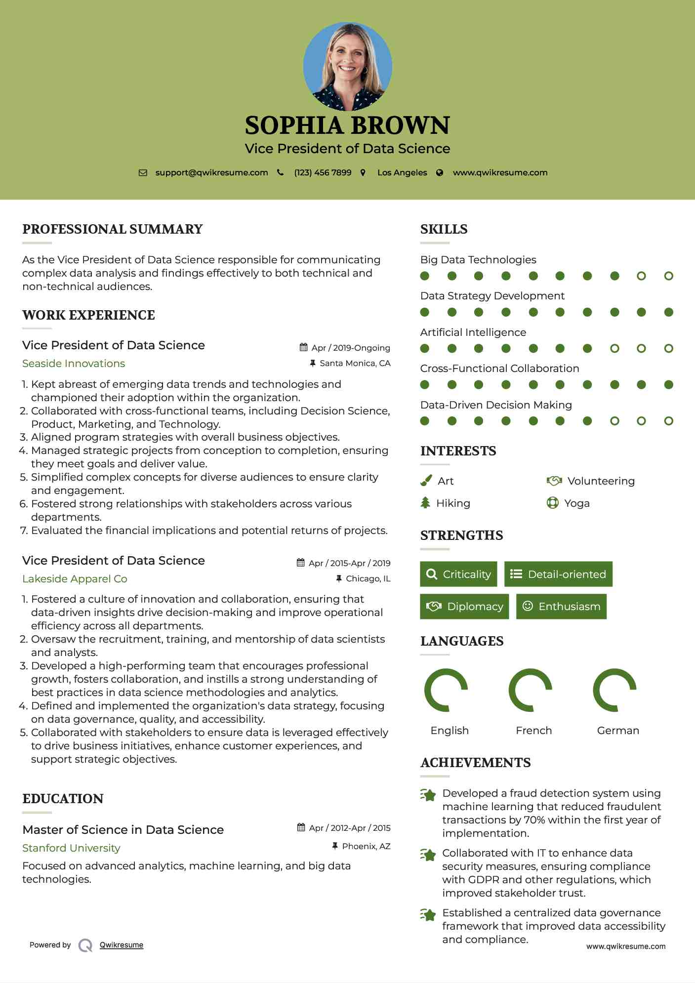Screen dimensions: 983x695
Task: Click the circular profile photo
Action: (347, 66)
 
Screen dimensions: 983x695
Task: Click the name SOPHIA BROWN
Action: (347, 125)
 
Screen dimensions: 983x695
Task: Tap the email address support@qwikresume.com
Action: (211, 172)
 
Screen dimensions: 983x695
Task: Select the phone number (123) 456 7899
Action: (323, 172)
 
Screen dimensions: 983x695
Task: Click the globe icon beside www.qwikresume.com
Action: (440, 172)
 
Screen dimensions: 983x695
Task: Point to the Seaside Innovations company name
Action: (74, 364)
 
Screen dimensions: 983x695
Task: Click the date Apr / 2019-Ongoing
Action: (350, 348)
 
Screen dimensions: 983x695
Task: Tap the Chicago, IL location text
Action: (368, 578)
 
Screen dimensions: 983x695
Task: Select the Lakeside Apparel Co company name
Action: (75, 579)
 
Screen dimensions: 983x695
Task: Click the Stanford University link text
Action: (71, 848)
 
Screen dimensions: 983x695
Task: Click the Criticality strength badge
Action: (458, 574)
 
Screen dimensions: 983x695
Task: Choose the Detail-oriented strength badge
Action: (558, 574)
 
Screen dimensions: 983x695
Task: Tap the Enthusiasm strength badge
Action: (561, 606)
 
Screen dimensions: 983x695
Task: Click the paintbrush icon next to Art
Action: (426, 481)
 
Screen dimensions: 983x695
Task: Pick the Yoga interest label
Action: (577, 503)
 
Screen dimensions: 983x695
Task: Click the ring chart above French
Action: (530, 690)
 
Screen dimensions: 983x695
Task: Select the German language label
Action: (618, 731)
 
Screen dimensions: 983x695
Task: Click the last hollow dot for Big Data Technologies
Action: (668, 276)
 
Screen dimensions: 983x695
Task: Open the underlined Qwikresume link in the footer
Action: (122, 945)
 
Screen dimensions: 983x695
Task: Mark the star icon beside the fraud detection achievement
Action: (428, 795)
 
